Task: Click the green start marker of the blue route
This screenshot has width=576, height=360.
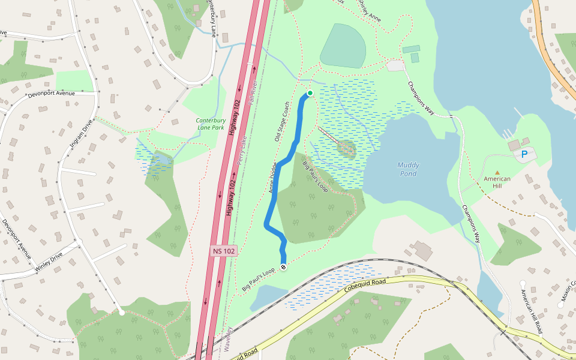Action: tap(310, 93)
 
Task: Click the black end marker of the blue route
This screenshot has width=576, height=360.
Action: tap(283, 267)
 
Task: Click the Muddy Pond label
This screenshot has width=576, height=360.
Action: tap(408, 169)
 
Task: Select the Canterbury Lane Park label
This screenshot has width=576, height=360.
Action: tap(210, 124)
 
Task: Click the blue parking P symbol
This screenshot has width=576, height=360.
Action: tap(524, 155)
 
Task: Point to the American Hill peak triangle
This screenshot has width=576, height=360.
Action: tap(497, 173)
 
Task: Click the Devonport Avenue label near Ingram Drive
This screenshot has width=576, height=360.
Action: tap(51, 95)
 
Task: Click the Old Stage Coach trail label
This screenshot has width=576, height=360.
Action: tap(282, 122)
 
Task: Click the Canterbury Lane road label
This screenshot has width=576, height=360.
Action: tap(211, 18)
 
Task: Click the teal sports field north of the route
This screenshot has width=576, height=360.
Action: tap(343, 46)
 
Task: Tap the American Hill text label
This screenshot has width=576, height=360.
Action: tap(497, 182)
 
